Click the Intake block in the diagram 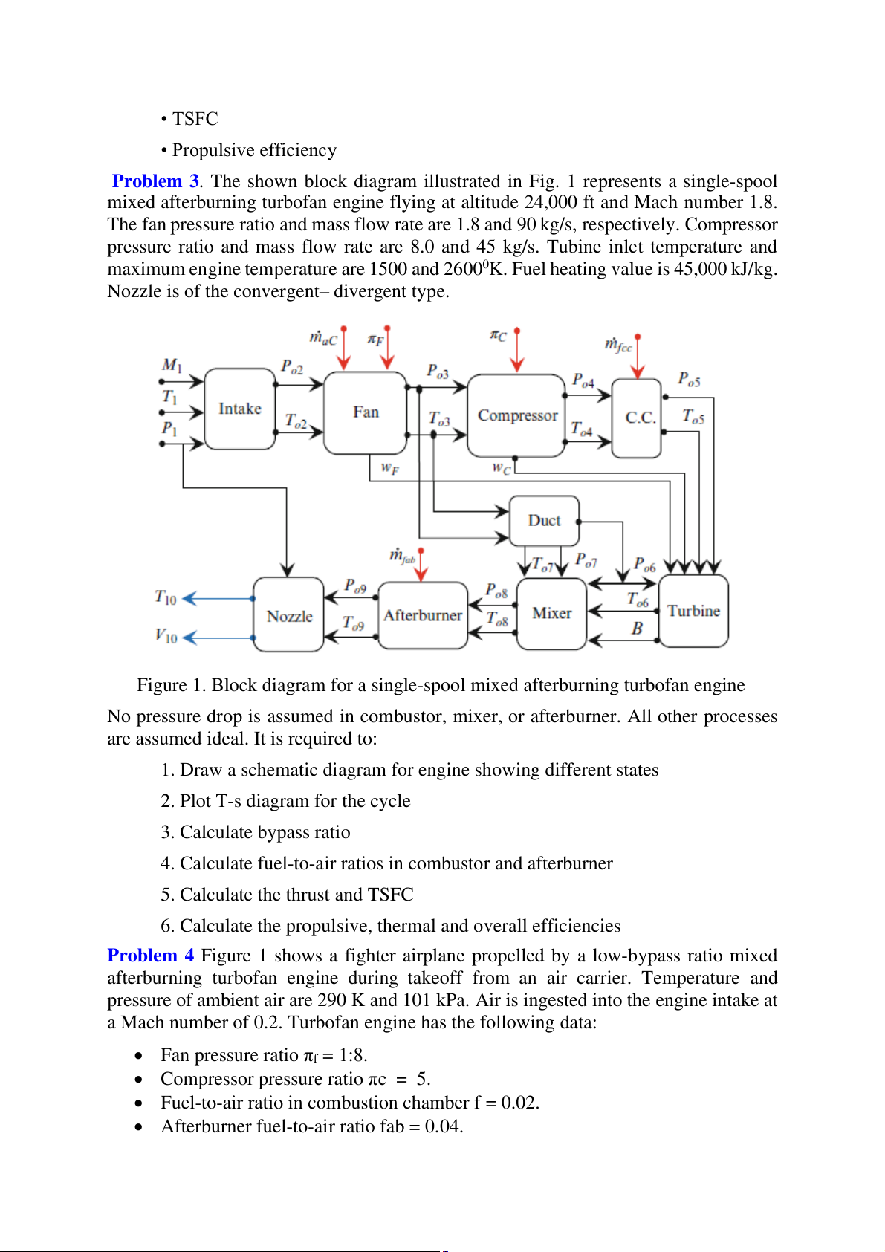click(239, 409)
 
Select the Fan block click(366, 412)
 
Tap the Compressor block click(517, 415)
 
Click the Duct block click(544, 521)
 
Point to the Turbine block click(693, 611)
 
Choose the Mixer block click(551, 613)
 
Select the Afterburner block click(423, 615)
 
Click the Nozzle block click(289, 616)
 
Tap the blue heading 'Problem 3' click(155, 181)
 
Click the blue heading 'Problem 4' click(151, 956)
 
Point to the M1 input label click(172, 365)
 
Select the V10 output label click(166, 636)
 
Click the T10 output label click(166, 597)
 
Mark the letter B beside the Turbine click(637, 629)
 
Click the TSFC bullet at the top click(195, 119)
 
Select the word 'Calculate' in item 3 click(215, 832)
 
